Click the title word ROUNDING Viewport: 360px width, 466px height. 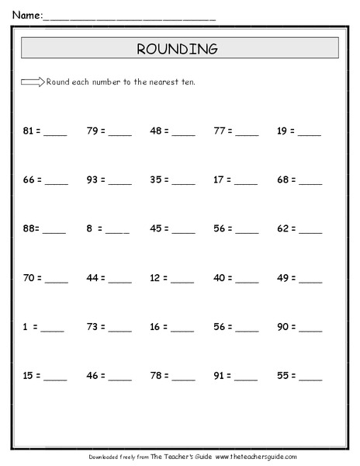coord(177,49)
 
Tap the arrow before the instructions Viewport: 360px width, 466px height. coord(33,82)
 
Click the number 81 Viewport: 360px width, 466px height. coord(29,130)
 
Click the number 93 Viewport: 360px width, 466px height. coord(92,179)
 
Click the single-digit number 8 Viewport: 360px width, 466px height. coord(90,228)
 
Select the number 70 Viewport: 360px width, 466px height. coord(29,277)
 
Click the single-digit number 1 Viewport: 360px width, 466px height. coord(26,327)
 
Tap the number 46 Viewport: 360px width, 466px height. coord(92,376)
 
